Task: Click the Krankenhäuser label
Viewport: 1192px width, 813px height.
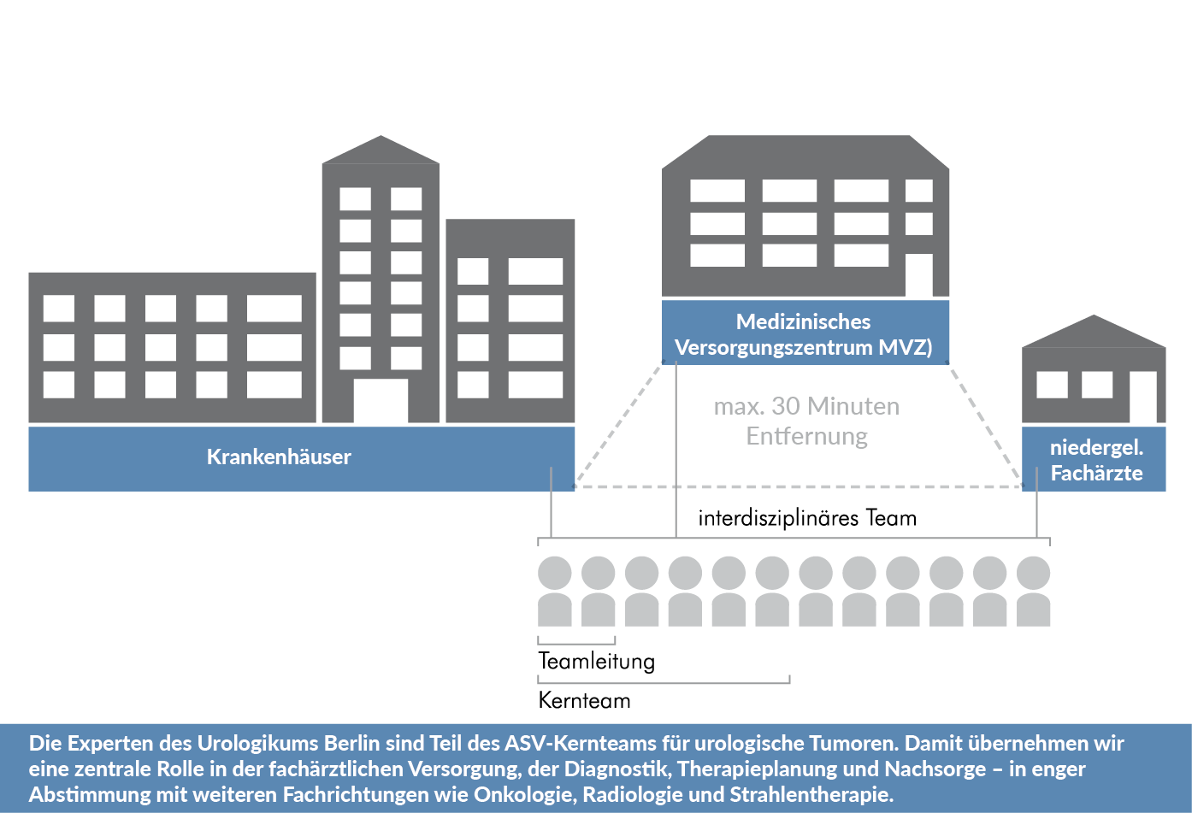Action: [279, 457]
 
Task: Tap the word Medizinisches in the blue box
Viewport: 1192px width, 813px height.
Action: [803, 321]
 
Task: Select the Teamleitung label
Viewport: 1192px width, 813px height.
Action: [596, 661]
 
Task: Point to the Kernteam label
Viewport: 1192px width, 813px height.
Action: [584, 700]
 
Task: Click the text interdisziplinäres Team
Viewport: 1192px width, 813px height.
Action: [806, 518]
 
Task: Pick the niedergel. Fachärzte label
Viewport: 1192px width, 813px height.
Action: [1096, 460]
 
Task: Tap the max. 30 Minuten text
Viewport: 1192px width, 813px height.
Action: [806, 406]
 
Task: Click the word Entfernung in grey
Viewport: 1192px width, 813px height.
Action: [806, 436]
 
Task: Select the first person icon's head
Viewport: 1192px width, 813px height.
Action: [555, 573]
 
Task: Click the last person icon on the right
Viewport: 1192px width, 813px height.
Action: [1033, 592]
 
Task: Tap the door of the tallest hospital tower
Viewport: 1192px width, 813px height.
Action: [381, 401]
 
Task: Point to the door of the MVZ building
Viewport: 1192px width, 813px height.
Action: [918, 274]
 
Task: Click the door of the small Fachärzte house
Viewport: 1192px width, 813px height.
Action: [1142, 398]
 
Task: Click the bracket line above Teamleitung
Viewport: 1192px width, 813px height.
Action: [576, 642]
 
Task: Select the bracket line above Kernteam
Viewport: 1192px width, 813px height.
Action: [664, 682]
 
